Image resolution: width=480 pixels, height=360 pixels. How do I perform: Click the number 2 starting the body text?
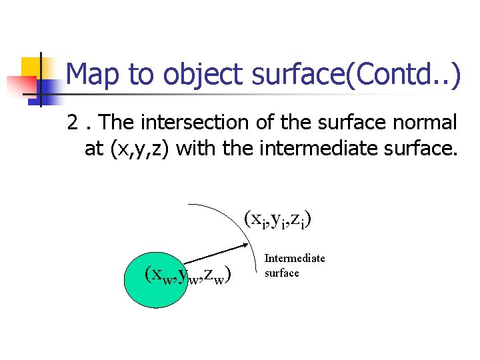point(73,123)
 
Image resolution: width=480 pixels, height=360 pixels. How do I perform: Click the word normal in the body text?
point(423,123)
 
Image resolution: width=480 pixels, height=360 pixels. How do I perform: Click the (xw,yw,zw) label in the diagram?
point(187,274)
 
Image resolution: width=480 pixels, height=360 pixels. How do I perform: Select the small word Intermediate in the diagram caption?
point(295,258)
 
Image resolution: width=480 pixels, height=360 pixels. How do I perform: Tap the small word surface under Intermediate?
point(282,273)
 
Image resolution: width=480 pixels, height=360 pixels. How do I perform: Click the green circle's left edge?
point(125,279)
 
